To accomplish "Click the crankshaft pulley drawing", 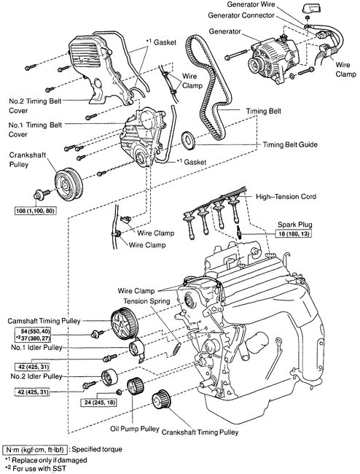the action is [69, 183].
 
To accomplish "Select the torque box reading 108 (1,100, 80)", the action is [36, 211].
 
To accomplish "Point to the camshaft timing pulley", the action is [123, 324].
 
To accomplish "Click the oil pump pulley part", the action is [134, 386].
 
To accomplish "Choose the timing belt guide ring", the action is [189, 140].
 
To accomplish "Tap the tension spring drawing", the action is [176, 349].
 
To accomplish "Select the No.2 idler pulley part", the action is [109, 378].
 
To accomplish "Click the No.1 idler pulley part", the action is [138, 350].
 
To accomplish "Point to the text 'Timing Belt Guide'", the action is [290, 144].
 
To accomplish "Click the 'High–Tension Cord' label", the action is [286, 196].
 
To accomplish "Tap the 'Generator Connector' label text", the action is [241, 15].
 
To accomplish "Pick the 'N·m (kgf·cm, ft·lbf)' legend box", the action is [35, 449].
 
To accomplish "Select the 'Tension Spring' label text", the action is [146, 301].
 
